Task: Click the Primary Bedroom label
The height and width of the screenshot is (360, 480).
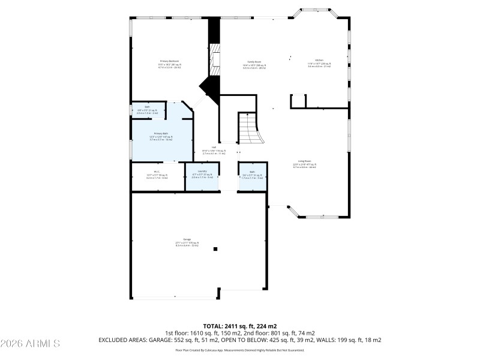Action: pos(169,61)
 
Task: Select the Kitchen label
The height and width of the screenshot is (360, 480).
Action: pos(319,60)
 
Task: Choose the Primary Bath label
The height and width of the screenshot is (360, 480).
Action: pos(161,133)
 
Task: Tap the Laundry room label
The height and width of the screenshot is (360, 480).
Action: pos(202,172)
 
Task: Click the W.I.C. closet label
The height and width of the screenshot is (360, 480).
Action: pos(156,172)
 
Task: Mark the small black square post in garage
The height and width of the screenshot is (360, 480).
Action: pos(217,249)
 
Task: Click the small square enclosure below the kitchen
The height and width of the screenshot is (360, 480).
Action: pos(298,101)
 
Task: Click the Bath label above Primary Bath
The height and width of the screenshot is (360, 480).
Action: pos(146,107)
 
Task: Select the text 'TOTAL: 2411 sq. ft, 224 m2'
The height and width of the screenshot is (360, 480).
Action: pos(239,326)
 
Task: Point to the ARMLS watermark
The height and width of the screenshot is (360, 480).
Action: pos(30,344)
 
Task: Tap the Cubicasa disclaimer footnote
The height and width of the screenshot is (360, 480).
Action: pos(239,350)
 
